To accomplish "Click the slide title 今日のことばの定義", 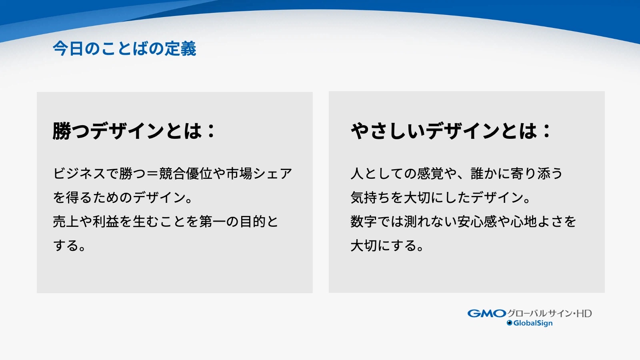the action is click(x=124, y=48).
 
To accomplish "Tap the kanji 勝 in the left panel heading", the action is click(x=62, y=131).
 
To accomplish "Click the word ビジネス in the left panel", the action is click(x=79, y=174).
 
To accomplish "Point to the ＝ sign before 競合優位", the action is click(x=152, y=174).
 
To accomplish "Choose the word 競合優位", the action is click(x=186, y=174).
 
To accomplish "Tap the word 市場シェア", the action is click(x=259, y=174).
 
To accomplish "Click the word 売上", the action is click(x=66, y=222).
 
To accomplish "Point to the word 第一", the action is click(x=212, y=222).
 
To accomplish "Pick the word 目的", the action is click(x=252, y=222).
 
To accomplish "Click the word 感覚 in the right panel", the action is click(x=430, y=174).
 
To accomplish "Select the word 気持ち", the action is click(x=371, y=198).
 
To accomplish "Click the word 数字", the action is click(x=364, y=222).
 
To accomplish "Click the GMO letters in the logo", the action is click(x=487, y=314).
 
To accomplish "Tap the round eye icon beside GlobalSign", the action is click(x=510, y=323).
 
